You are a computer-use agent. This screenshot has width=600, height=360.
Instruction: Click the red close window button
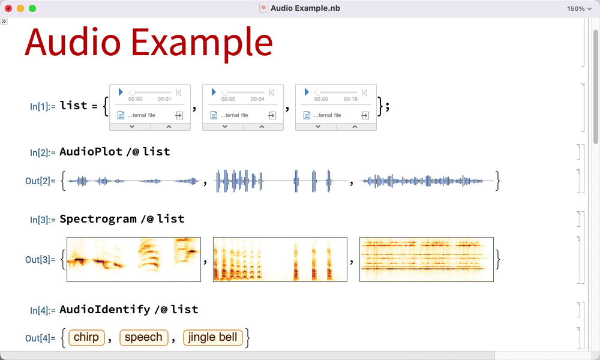pos(8,8)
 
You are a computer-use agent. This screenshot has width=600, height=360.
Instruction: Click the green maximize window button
pos(32,8)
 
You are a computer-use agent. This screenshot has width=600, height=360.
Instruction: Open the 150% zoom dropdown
pos(579,8)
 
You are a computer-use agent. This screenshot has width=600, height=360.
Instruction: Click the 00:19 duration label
pos(350,99)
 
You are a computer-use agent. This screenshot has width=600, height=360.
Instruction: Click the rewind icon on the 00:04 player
pos(272,92)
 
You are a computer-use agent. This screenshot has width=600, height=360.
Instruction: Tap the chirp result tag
pos(86,337)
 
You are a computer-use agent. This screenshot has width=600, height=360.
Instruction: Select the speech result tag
pos(143,337)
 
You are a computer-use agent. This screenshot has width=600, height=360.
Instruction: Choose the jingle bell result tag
pos(213,337)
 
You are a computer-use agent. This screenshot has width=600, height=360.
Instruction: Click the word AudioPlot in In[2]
pos(91,152)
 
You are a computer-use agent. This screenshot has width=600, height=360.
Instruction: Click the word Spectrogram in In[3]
pos(98,219)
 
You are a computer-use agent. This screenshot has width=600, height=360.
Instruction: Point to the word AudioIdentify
pos(105,310)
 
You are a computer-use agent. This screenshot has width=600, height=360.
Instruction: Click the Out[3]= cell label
pos(40,260)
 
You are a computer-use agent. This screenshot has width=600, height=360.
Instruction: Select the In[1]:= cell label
pos(43,106)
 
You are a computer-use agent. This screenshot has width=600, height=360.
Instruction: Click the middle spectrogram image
pos(280,259)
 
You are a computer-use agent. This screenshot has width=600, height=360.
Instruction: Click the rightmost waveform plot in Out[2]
pos(427,181)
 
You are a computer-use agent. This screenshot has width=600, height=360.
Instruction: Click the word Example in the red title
pos(202,43)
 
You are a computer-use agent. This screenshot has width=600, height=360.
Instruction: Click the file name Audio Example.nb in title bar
pos(305,8)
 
